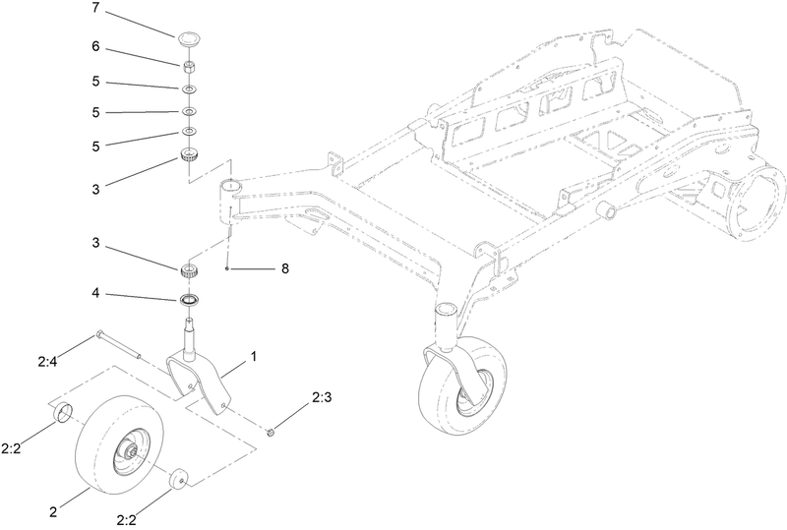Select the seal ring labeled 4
(188, 299)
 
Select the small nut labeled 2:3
(272, 430)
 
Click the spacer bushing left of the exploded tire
(62, 411)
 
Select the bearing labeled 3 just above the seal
(188, 270)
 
